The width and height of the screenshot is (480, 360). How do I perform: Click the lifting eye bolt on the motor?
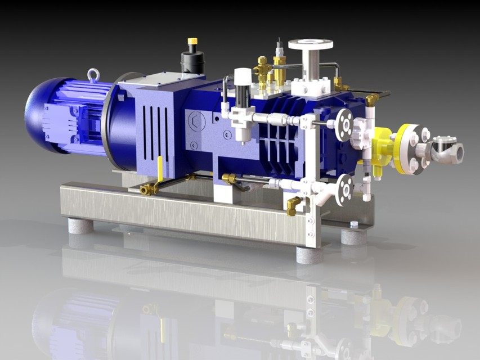click(93, 75)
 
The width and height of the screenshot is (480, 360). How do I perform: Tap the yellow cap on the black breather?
click(192, 41)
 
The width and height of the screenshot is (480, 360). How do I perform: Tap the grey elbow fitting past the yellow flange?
click(447, 151)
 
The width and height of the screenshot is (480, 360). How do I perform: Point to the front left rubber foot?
click(80, 226)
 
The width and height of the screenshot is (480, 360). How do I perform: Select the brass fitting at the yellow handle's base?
click(150, 190)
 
